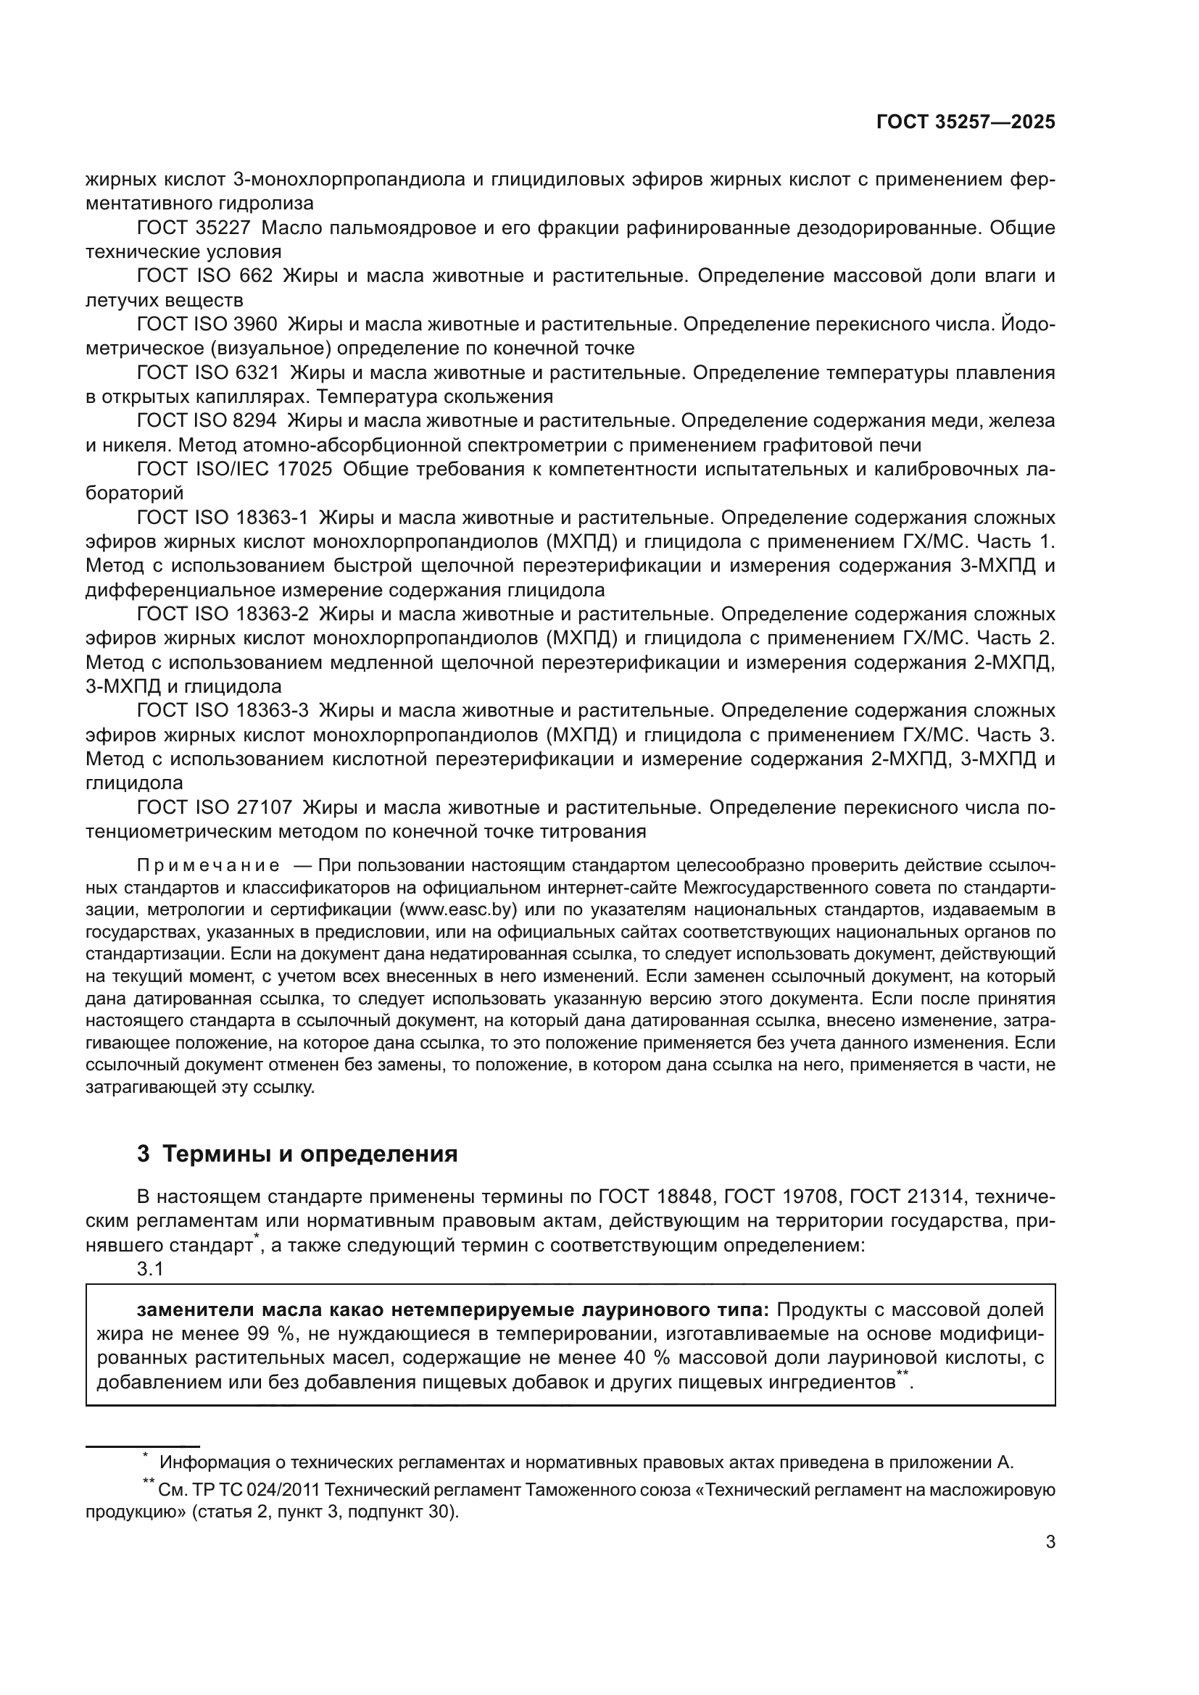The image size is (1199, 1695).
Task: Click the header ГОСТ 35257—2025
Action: coord(965,122)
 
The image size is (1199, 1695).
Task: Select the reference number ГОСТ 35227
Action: coord(194,228)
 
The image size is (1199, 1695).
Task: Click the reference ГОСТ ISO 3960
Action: coord(207,324)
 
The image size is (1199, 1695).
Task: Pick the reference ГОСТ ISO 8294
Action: coord(207,421)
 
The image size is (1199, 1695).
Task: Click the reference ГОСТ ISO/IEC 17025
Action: coord(235,470)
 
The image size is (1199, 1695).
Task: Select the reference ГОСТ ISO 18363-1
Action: coord(223,517)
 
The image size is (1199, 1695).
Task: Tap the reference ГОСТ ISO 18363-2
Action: coord(223,615)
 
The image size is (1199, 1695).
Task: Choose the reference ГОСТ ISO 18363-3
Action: coord(223,711)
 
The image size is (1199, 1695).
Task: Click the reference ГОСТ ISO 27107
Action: coord(215,807)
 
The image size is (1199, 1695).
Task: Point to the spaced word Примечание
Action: coord(208,865)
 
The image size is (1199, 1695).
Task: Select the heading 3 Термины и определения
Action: coord(296,1154)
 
